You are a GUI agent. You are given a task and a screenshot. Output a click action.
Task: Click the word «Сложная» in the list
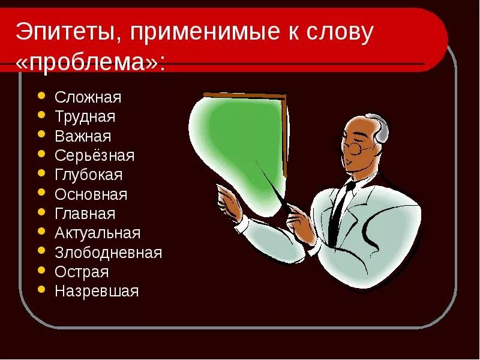[x=88, y=97]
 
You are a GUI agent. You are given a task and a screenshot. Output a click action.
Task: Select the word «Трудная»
[x=85, y=116]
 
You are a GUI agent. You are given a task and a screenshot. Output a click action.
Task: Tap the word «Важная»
[x=83, y=136]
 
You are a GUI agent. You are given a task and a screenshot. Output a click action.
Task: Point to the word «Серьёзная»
[x=94, y=156]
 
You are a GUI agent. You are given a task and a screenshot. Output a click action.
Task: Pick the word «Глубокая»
[x=88, y=175]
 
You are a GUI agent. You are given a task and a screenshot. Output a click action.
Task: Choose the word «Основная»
[x=91, y=194]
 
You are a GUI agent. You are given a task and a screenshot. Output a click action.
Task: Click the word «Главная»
[x=85, y=214]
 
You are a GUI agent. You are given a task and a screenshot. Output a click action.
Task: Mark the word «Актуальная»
[x=97, y=233]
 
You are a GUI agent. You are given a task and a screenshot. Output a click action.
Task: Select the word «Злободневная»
[x=108, y=253]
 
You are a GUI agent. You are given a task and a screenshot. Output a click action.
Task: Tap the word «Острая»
[x=82, y=272]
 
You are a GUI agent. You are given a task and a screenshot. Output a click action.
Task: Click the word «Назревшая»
[x=96, y=292]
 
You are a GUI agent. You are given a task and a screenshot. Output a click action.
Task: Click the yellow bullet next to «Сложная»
[x=41, y=95]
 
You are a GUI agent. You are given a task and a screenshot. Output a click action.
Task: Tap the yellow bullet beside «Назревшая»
[x=41, y=290]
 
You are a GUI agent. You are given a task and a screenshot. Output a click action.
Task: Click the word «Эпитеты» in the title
[x=65, y=33]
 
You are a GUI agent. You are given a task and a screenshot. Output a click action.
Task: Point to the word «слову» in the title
[x=341, y=33]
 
